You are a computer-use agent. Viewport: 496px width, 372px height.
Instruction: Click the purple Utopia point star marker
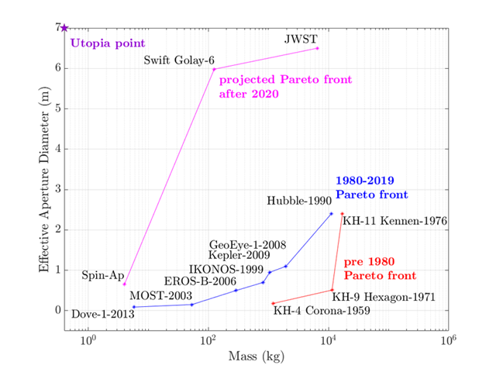click(65, 28)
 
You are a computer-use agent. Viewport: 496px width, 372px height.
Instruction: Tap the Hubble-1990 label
click(298, 201)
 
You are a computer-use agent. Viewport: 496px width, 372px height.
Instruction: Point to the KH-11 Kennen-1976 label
click(394, 221)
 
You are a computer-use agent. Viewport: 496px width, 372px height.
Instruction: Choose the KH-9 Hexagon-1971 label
click(384, 297)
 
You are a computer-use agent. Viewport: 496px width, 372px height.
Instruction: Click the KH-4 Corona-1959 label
click(322, 312)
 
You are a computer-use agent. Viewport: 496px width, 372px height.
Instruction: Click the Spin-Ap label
click(98, 274)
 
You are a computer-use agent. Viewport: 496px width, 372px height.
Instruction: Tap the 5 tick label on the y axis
click(57, 108)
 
